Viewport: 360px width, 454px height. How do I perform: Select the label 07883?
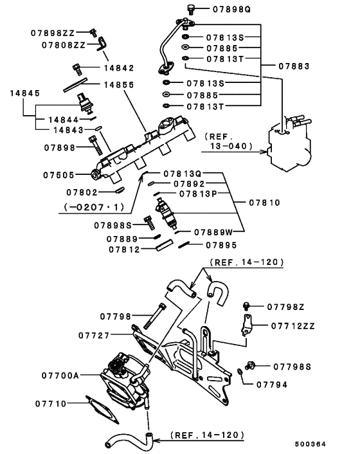[x=296, y=66]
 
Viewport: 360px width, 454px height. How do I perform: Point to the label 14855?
[x=118, y=84]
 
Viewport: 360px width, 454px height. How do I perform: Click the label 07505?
[x=58, y=174]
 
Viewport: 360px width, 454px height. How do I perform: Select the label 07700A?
[x=60, y=374]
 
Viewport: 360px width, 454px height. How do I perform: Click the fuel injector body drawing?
[x=166, y=214]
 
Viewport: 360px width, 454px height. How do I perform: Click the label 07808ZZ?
[x=64, y=45]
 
